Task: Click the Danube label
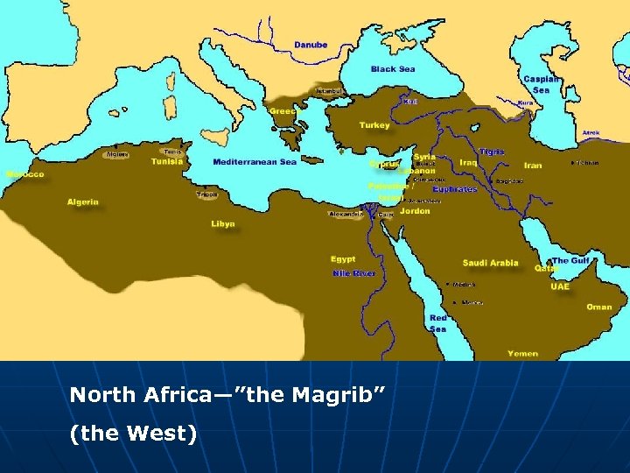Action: pos(311,45)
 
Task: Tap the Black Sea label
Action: pos(393,69)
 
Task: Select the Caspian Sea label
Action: pos(541,84)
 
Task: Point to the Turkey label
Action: pos(374,125)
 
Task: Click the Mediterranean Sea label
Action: pos(255,161)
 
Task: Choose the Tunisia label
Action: pos(167,161)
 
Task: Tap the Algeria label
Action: pos(83,202)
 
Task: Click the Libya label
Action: pos(223,224)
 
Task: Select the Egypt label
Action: pos(343,259)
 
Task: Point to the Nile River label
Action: pos(354,273)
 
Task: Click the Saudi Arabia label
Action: pos(490,263)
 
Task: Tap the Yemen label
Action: pos(522,354)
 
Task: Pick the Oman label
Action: pos(599,307)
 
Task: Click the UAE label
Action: pos(560,286)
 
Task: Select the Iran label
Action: pos(533,165)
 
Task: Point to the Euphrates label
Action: pos(454,189)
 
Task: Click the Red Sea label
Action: pos(438,323)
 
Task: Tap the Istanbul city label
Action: pos(329,91)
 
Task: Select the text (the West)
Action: pos(133,432)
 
